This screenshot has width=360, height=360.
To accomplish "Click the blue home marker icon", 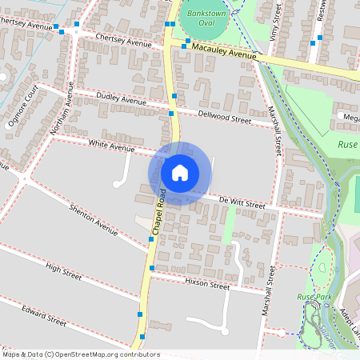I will click(x=180, y=172).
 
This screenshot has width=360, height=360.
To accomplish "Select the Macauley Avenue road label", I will click(x=224, y=52).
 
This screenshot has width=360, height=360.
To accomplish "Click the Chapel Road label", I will click(x=157, y=211).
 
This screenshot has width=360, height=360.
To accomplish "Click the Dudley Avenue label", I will click(x=121, y=100).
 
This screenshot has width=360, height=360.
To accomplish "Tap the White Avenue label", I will click(x=111, y=146).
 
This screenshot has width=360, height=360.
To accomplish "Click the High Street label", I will click(x=63, y=272).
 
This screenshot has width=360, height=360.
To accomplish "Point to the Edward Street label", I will click(x=44, y=314).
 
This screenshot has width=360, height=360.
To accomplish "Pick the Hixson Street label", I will click(x=206, y=285).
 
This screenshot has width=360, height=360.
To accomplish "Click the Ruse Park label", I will click(x=314, y=297).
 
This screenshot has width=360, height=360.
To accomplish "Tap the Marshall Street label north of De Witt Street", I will click(x=274, y=130).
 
